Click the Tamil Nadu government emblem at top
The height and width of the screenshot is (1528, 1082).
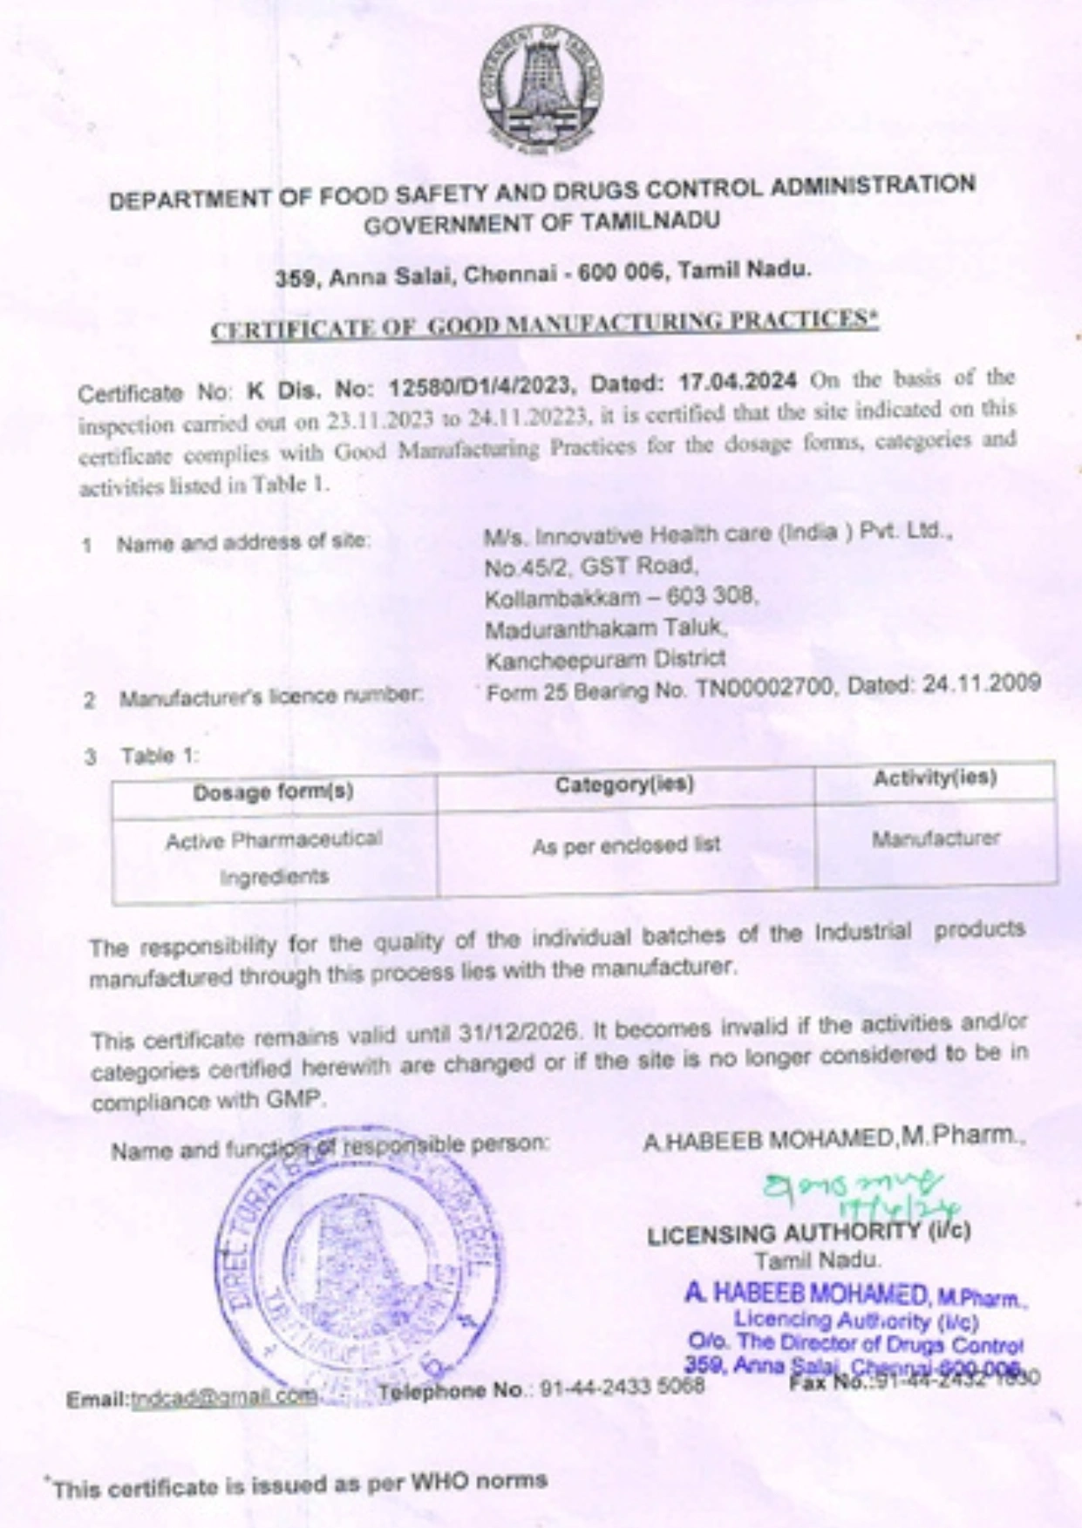(x=541, y=87)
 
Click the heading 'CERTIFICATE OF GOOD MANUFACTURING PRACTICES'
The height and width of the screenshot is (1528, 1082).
(x=544, y=324)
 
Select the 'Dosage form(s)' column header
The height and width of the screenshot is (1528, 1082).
(x=273, y=792)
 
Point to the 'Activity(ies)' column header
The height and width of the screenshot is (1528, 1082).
(x=935, y=778)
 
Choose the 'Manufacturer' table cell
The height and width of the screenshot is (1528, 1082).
(x=936, y=839)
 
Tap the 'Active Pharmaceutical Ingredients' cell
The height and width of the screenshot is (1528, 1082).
(x=274, y=858)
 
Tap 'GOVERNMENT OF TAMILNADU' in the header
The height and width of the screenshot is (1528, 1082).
(x=541, y=223)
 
